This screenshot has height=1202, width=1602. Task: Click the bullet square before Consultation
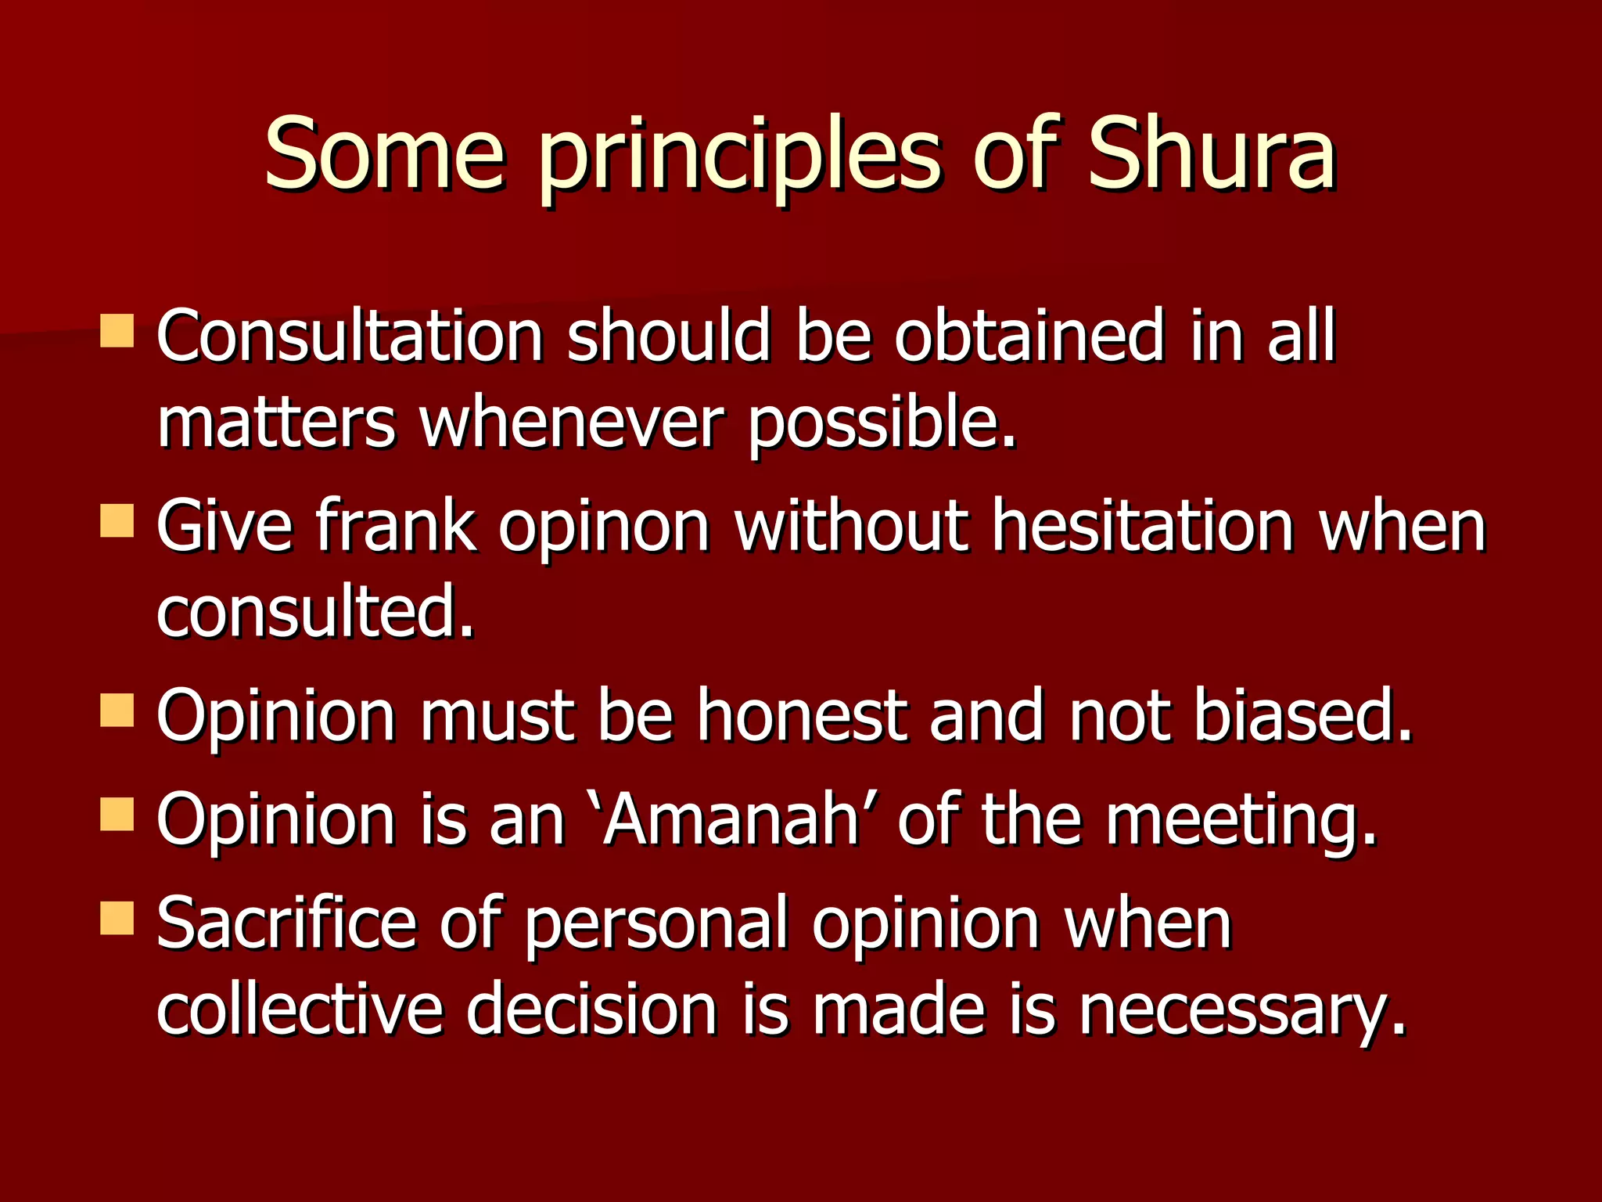tap(117, 331)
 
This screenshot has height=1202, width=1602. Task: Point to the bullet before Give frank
tap(117, 520)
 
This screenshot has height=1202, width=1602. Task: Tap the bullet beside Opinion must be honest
tap(117, 711)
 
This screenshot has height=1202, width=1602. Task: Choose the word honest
tap(802, 715)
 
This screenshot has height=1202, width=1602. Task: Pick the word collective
tap(300, 1009)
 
